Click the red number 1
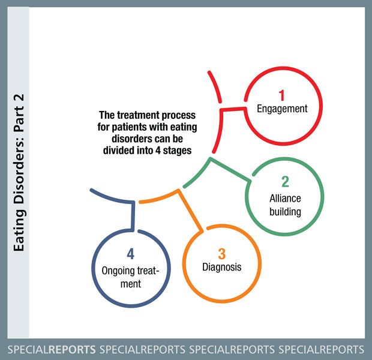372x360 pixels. point(281,95)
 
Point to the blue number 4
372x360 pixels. point(130,254)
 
